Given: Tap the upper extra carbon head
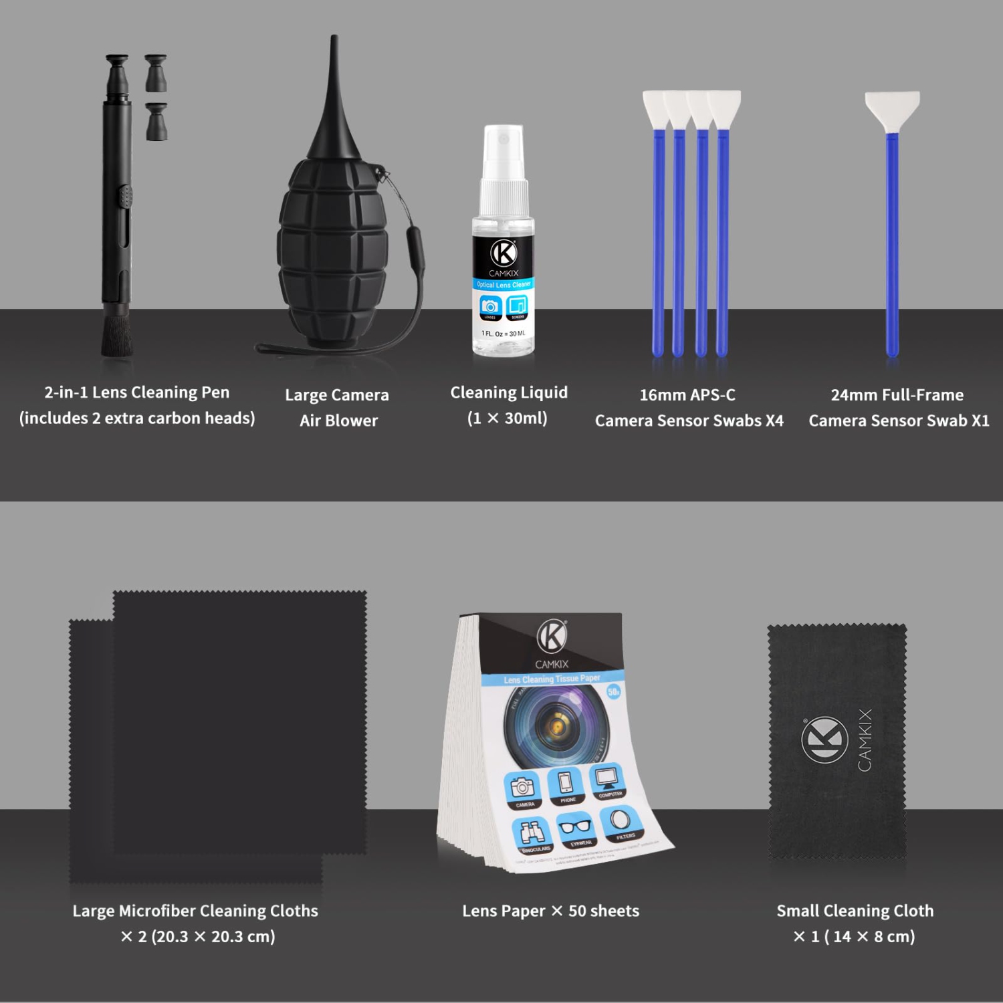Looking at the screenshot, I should pos(155,73).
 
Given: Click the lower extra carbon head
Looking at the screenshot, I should pos(156,122).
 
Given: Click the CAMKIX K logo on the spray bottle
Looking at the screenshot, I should pos(504,253).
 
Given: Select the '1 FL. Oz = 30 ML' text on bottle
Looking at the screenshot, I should pos(504,333).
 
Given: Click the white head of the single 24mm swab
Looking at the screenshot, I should pos(892,110).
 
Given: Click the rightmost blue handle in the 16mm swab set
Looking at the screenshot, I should pos(722,241).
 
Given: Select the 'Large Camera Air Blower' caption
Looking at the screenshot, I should pos(337,407).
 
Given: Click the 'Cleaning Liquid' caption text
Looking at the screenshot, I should pos(508,393).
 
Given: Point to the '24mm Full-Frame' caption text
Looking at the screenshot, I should pos(897,395).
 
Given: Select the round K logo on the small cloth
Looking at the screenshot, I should pos(824,740).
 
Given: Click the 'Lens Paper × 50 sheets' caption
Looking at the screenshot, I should pos(550,911).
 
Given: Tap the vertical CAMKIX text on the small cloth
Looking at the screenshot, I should pos(865,740).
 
